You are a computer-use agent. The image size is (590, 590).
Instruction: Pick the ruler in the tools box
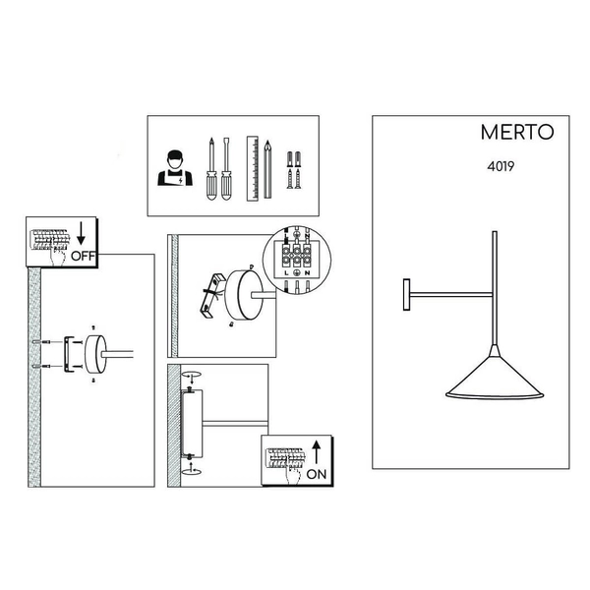pos(253,167)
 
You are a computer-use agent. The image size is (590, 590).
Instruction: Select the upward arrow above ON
pos(315,451)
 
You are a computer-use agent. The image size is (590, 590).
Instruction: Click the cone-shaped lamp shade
pos(491,379)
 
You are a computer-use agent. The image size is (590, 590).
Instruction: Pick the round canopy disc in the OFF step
pos(97,353)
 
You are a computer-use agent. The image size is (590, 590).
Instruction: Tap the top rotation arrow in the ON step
pos(193,376)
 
